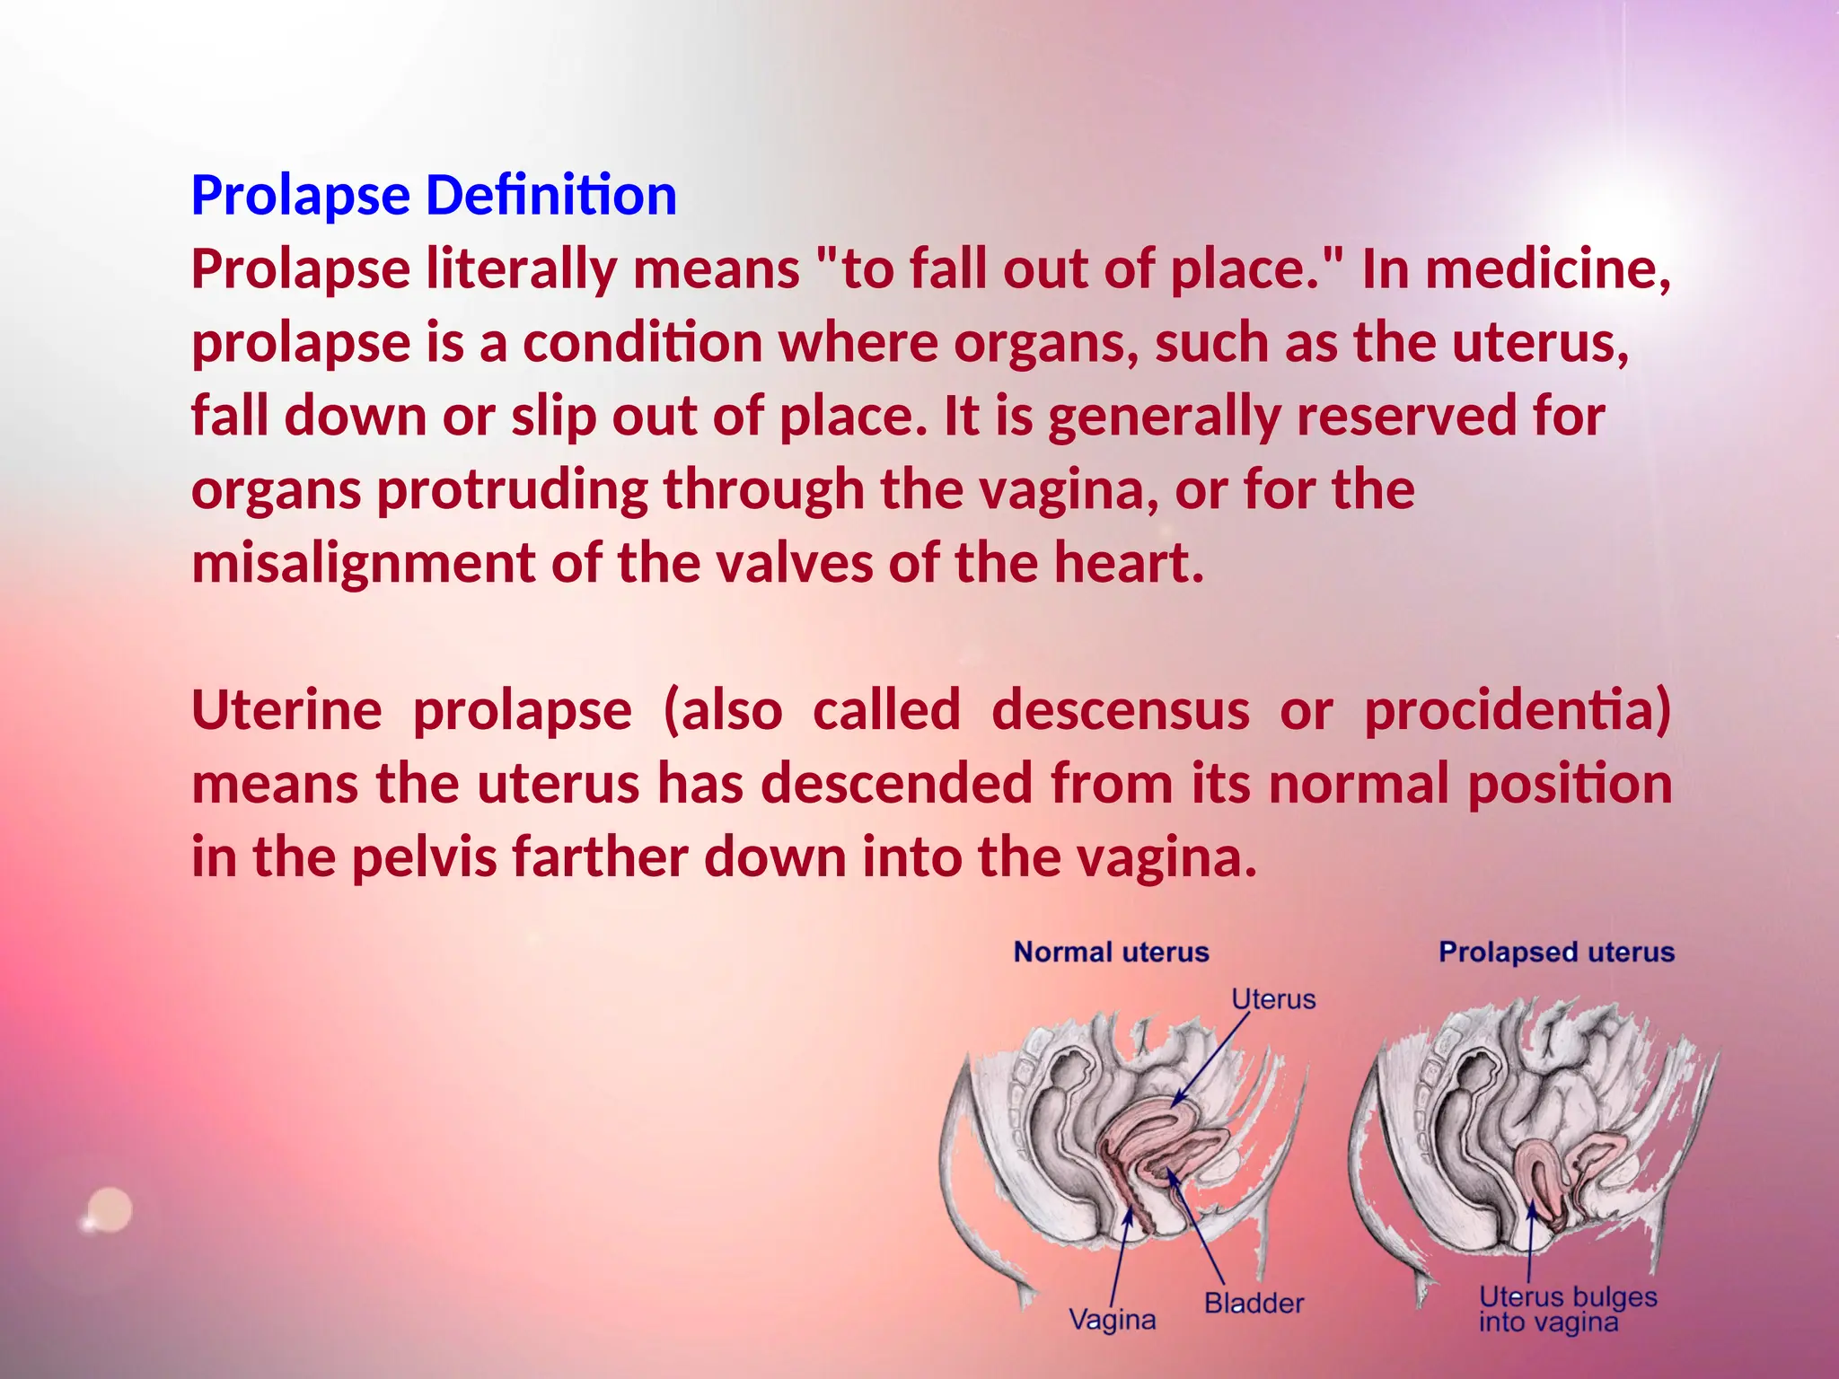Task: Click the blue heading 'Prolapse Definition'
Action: click(x=434, y=195)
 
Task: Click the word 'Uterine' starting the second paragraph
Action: click(x=286, y=710)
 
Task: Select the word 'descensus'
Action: click(x=1120, y=710)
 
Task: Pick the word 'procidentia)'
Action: click(x=1518, y=710)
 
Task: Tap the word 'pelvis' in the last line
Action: click(x=423, y=857)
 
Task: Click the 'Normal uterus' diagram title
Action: click(x=1111, y=952)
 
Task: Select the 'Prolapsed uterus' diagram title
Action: click(x=1556, y=952)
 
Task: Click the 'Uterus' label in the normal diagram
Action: click(x=1272, y=999)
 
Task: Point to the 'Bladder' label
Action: click(x=1254, y=1303)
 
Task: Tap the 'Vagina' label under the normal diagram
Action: click(x=1112, y=1319)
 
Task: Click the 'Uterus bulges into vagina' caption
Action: click(x=1567, y=1309)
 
